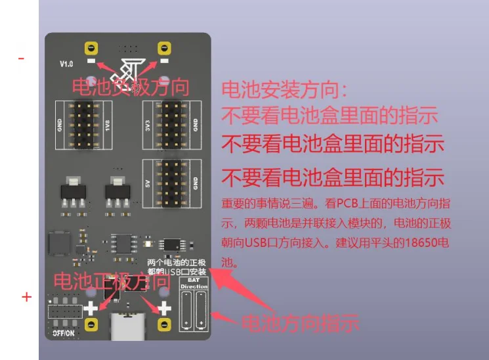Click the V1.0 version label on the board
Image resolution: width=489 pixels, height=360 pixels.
pyautogui.click(x=66, y=64)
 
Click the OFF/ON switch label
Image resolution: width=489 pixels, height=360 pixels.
pyautogui.click(x=64, y=333)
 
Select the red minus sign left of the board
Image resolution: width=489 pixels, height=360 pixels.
pyautogui.click(x=22, y=58)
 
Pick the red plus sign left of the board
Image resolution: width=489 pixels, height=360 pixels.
pyautogui.click(x=26, y=298)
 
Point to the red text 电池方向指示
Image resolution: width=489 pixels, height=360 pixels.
pyautogui.click(x=300, y=323)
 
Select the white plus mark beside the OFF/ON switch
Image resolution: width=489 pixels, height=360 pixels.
pyautogui.click(x=89, y=307)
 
